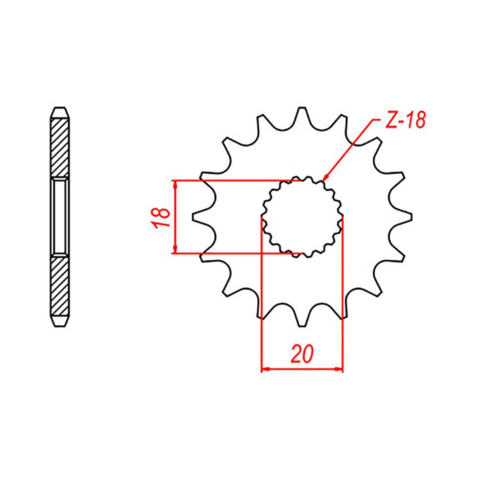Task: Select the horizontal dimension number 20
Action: click(x=302, y=354)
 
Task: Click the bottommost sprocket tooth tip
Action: click(x=302, y=326)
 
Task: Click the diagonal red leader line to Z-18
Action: click(x=350, y=149)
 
